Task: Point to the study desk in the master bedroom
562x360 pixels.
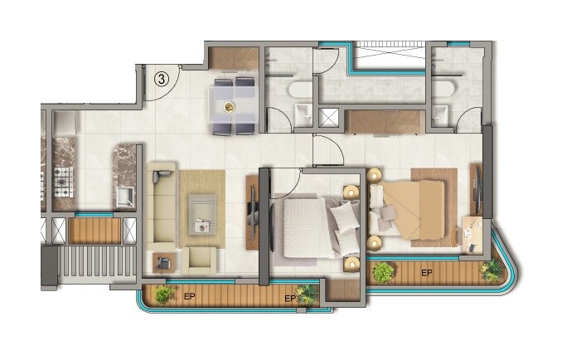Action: coord(472,232)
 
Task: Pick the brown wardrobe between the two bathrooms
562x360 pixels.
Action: coord(384,121)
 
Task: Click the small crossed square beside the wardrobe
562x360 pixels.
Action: coord(330,117)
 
